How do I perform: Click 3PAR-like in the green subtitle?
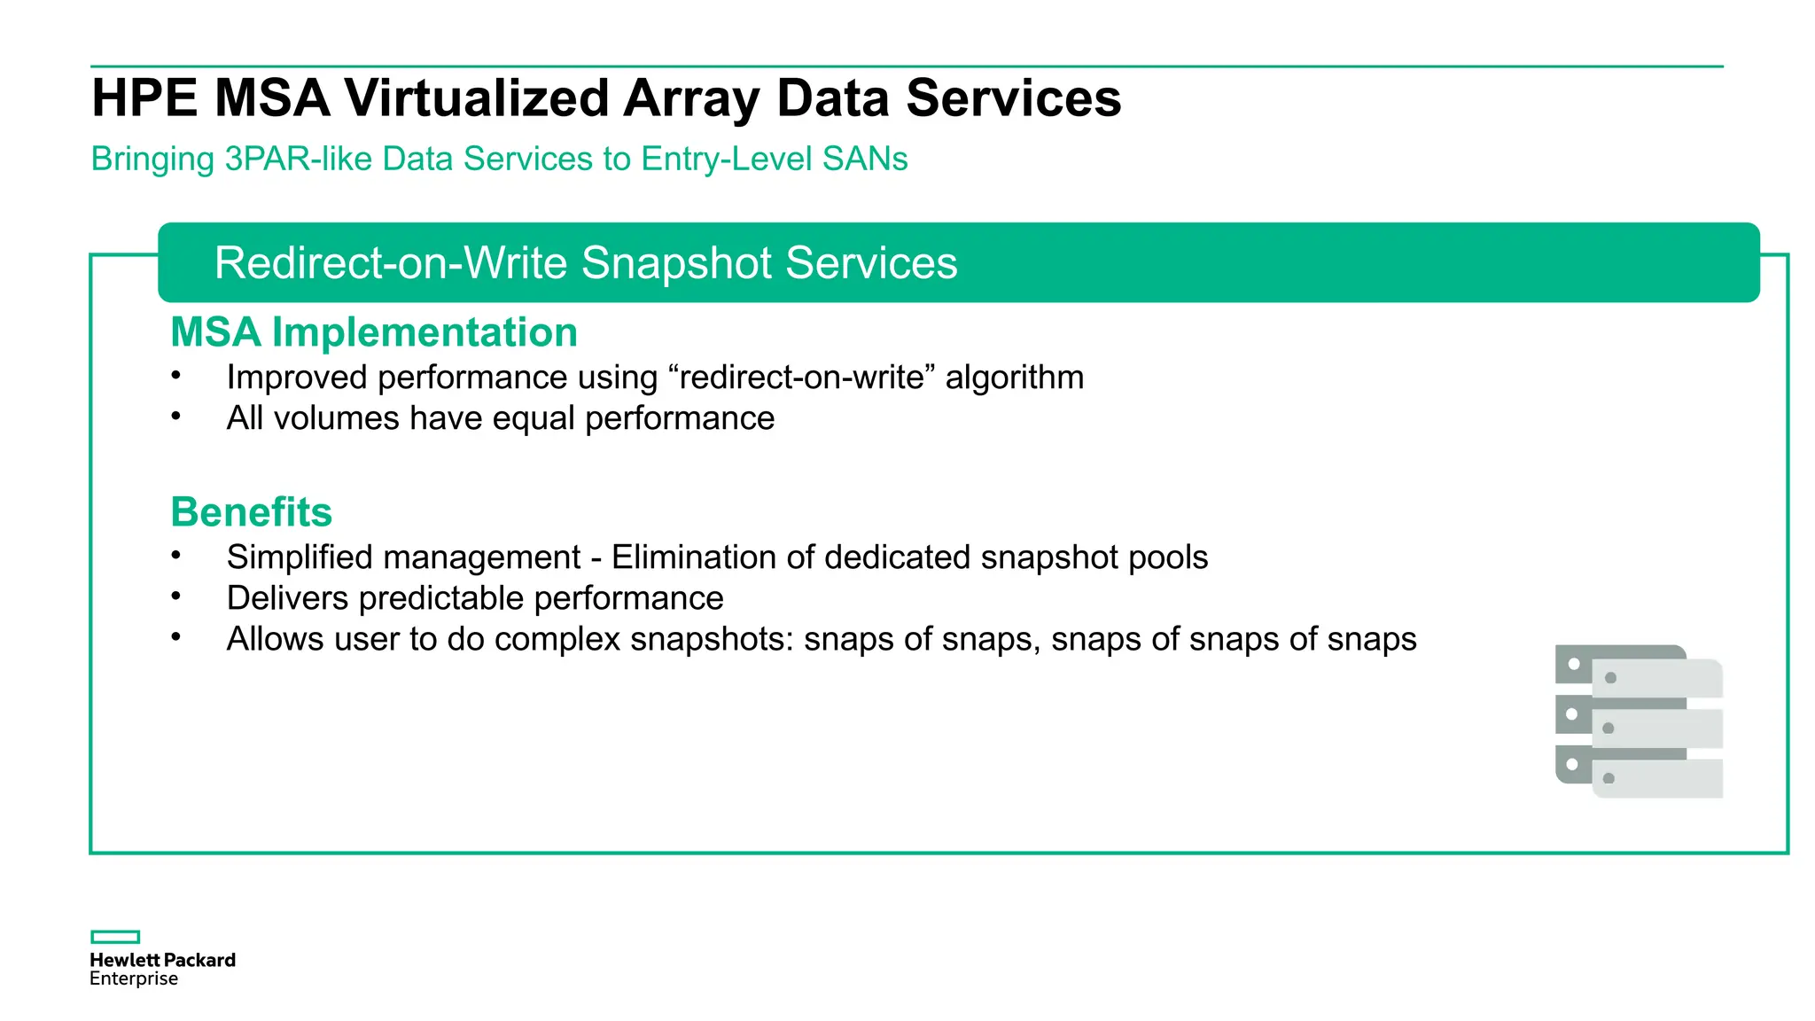tap(299, 160)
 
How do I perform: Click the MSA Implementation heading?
tap(373, 332)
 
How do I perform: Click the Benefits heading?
tap(251, 512)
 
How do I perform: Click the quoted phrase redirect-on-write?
tap(802, 378)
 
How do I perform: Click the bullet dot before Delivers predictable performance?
tap(176, 596)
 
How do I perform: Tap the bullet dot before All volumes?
tap(176, 415)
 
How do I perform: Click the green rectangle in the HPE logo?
tap(115, 937)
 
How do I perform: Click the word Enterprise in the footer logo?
tap(134, 979)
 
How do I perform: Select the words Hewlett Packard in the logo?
tap(162, 960)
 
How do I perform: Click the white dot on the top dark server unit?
tap(1574, 664)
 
